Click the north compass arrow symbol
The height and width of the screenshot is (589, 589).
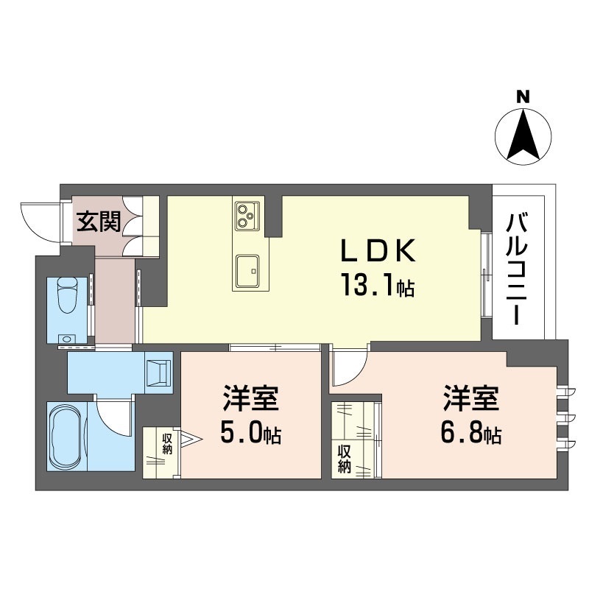(523, 137)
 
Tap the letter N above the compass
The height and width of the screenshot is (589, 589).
(523, 96)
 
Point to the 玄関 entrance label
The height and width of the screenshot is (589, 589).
(99, 220)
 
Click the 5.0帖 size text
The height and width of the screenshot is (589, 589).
(250, 434)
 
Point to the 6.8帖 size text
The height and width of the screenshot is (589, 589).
(472, 434)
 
